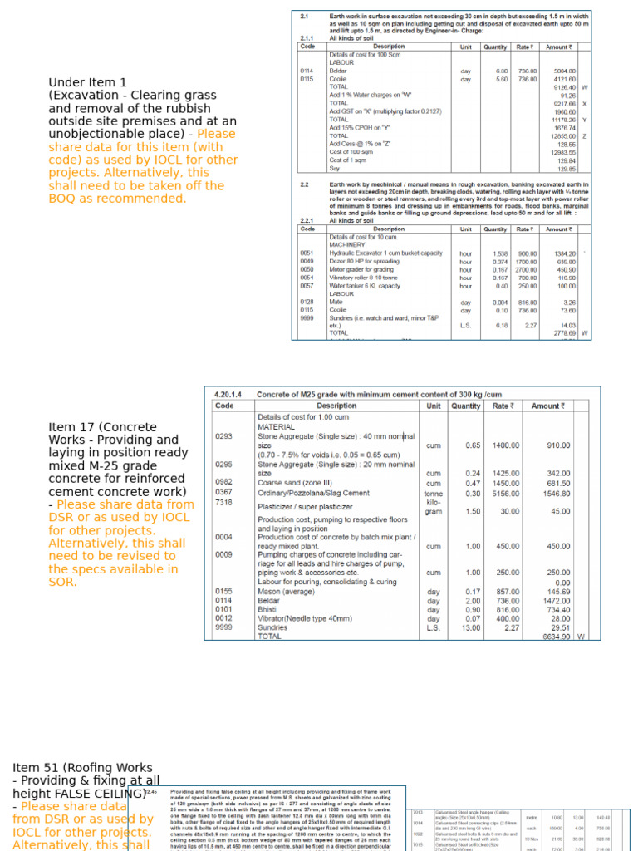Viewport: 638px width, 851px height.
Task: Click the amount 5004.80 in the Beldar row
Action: point(565,71)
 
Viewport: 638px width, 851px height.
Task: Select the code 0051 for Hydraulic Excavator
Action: point(307,253)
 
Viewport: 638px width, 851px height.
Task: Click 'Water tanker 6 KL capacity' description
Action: point(365,285)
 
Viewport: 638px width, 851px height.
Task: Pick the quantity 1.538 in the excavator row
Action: point(500,253)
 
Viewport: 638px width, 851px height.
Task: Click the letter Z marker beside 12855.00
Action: point(585,136)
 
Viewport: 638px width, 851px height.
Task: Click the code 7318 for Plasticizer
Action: point(224,503)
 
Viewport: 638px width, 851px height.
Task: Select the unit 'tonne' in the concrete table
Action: point(433,494)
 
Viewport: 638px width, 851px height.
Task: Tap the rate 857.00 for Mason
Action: point(502,592)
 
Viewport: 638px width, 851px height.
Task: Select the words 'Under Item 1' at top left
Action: point(87,82)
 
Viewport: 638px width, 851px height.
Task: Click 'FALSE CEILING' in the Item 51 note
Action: point(103,794)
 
